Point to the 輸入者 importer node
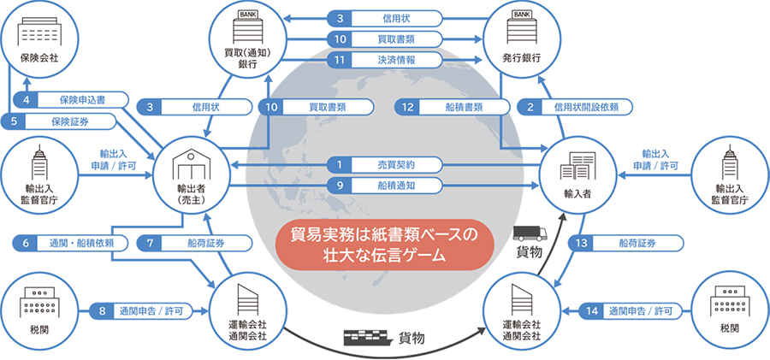pos(576,176)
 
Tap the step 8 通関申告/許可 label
pos(145,310)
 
